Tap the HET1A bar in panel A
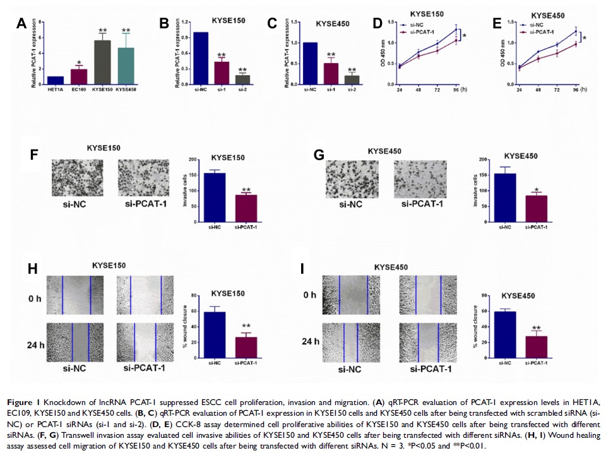point(56,80)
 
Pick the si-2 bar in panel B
point(242,79)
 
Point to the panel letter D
point(378,24)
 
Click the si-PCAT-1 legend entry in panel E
point(548,30)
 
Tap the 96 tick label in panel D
point(455,90)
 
